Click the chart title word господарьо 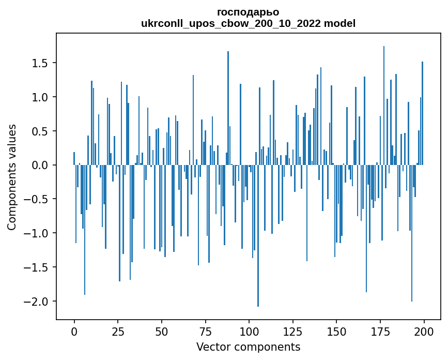tap(248, 12)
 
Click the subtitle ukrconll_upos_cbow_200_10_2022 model tap(248, 23)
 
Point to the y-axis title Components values tap(11, 177)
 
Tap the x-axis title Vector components tap(248, 347)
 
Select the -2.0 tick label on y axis tap(38, 302)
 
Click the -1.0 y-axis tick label tap(38, 233)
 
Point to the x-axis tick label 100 tap(249, 331)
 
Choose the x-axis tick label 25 tap(118, 331)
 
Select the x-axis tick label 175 tap(380, 331)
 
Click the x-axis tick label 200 tap(424, 331)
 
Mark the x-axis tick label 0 tap(74, 331)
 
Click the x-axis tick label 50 tap(162, 331)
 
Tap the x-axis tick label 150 tap(336, 331)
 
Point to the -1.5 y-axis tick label tap(38, 267)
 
